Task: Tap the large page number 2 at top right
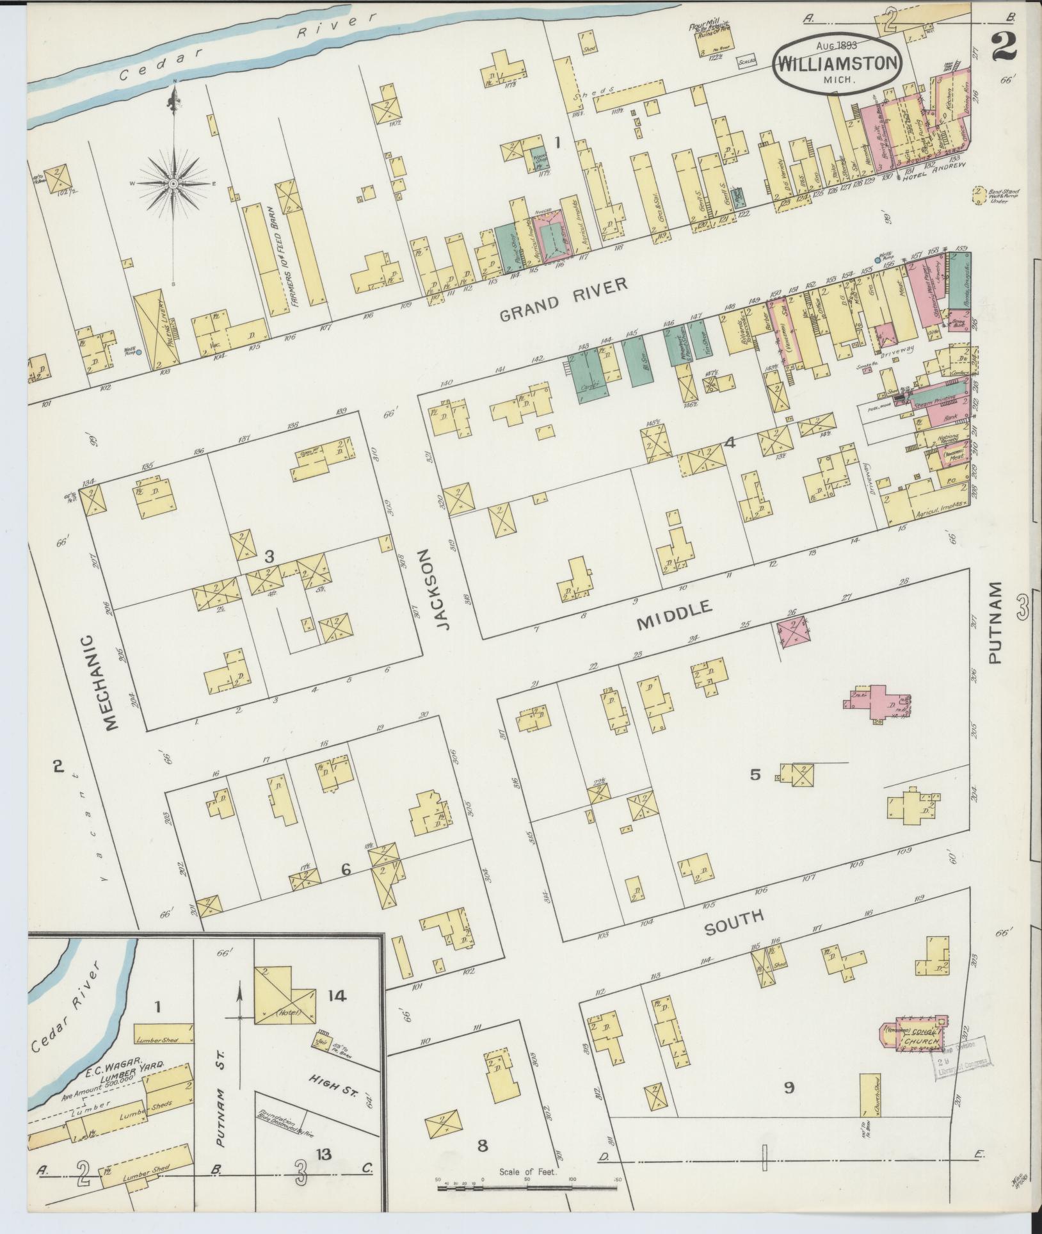(1006, 47)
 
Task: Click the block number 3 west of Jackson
(269, 557)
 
